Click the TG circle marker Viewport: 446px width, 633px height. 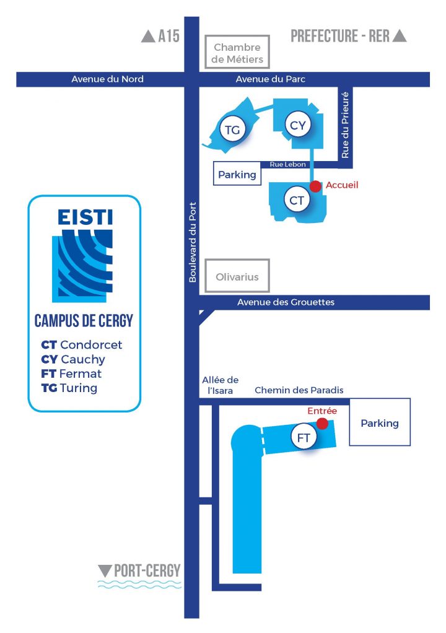pyautogui.click(x=233, y=129)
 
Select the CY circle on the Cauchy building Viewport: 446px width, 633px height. pyautogui.click(x=298, y=126)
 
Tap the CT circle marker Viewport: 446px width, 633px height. pyautogui.click(x=297, y=200)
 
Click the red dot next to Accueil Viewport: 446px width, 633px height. pyautogui.click(x=315, y=186)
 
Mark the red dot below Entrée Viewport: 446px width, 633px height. pyautogui.click(x=322, y=423)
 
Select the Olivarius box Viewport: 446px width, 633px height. pyautogui.click(x=238, y=277)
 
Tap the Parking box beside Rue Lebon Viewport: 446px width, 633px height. pyautogui.click(x=237, y=175)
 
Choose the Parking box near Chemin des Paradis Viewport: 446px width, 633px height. pyautogui.click(x=380, y=423)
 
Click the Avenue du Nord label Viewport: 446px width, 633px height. pyautogui.click(x=107, y=79)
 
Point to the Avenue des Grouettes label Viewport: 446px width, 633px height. pyautogui.click(x=286, y=302)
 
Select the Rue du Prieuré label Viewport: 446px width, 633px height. pyautogui.click(x=346, y=123)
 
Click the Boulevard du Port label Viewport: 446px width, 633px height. pyautogui.click(x=192, y=242)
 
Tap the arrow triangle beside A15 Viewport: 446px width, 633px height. pyautogui.click(x=148, y=37)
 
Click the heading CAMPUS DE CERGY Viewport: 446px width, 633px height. pyautogui.click(x=84, y=321)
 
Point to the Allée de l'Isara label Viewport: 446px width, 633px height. pyautogui.click(x=220, y=385)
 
